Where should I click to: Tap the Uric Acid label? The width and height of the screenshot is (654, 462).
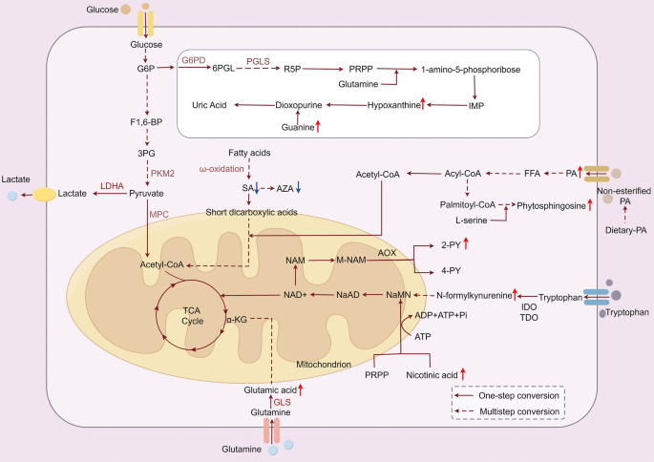click(211, 104)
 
